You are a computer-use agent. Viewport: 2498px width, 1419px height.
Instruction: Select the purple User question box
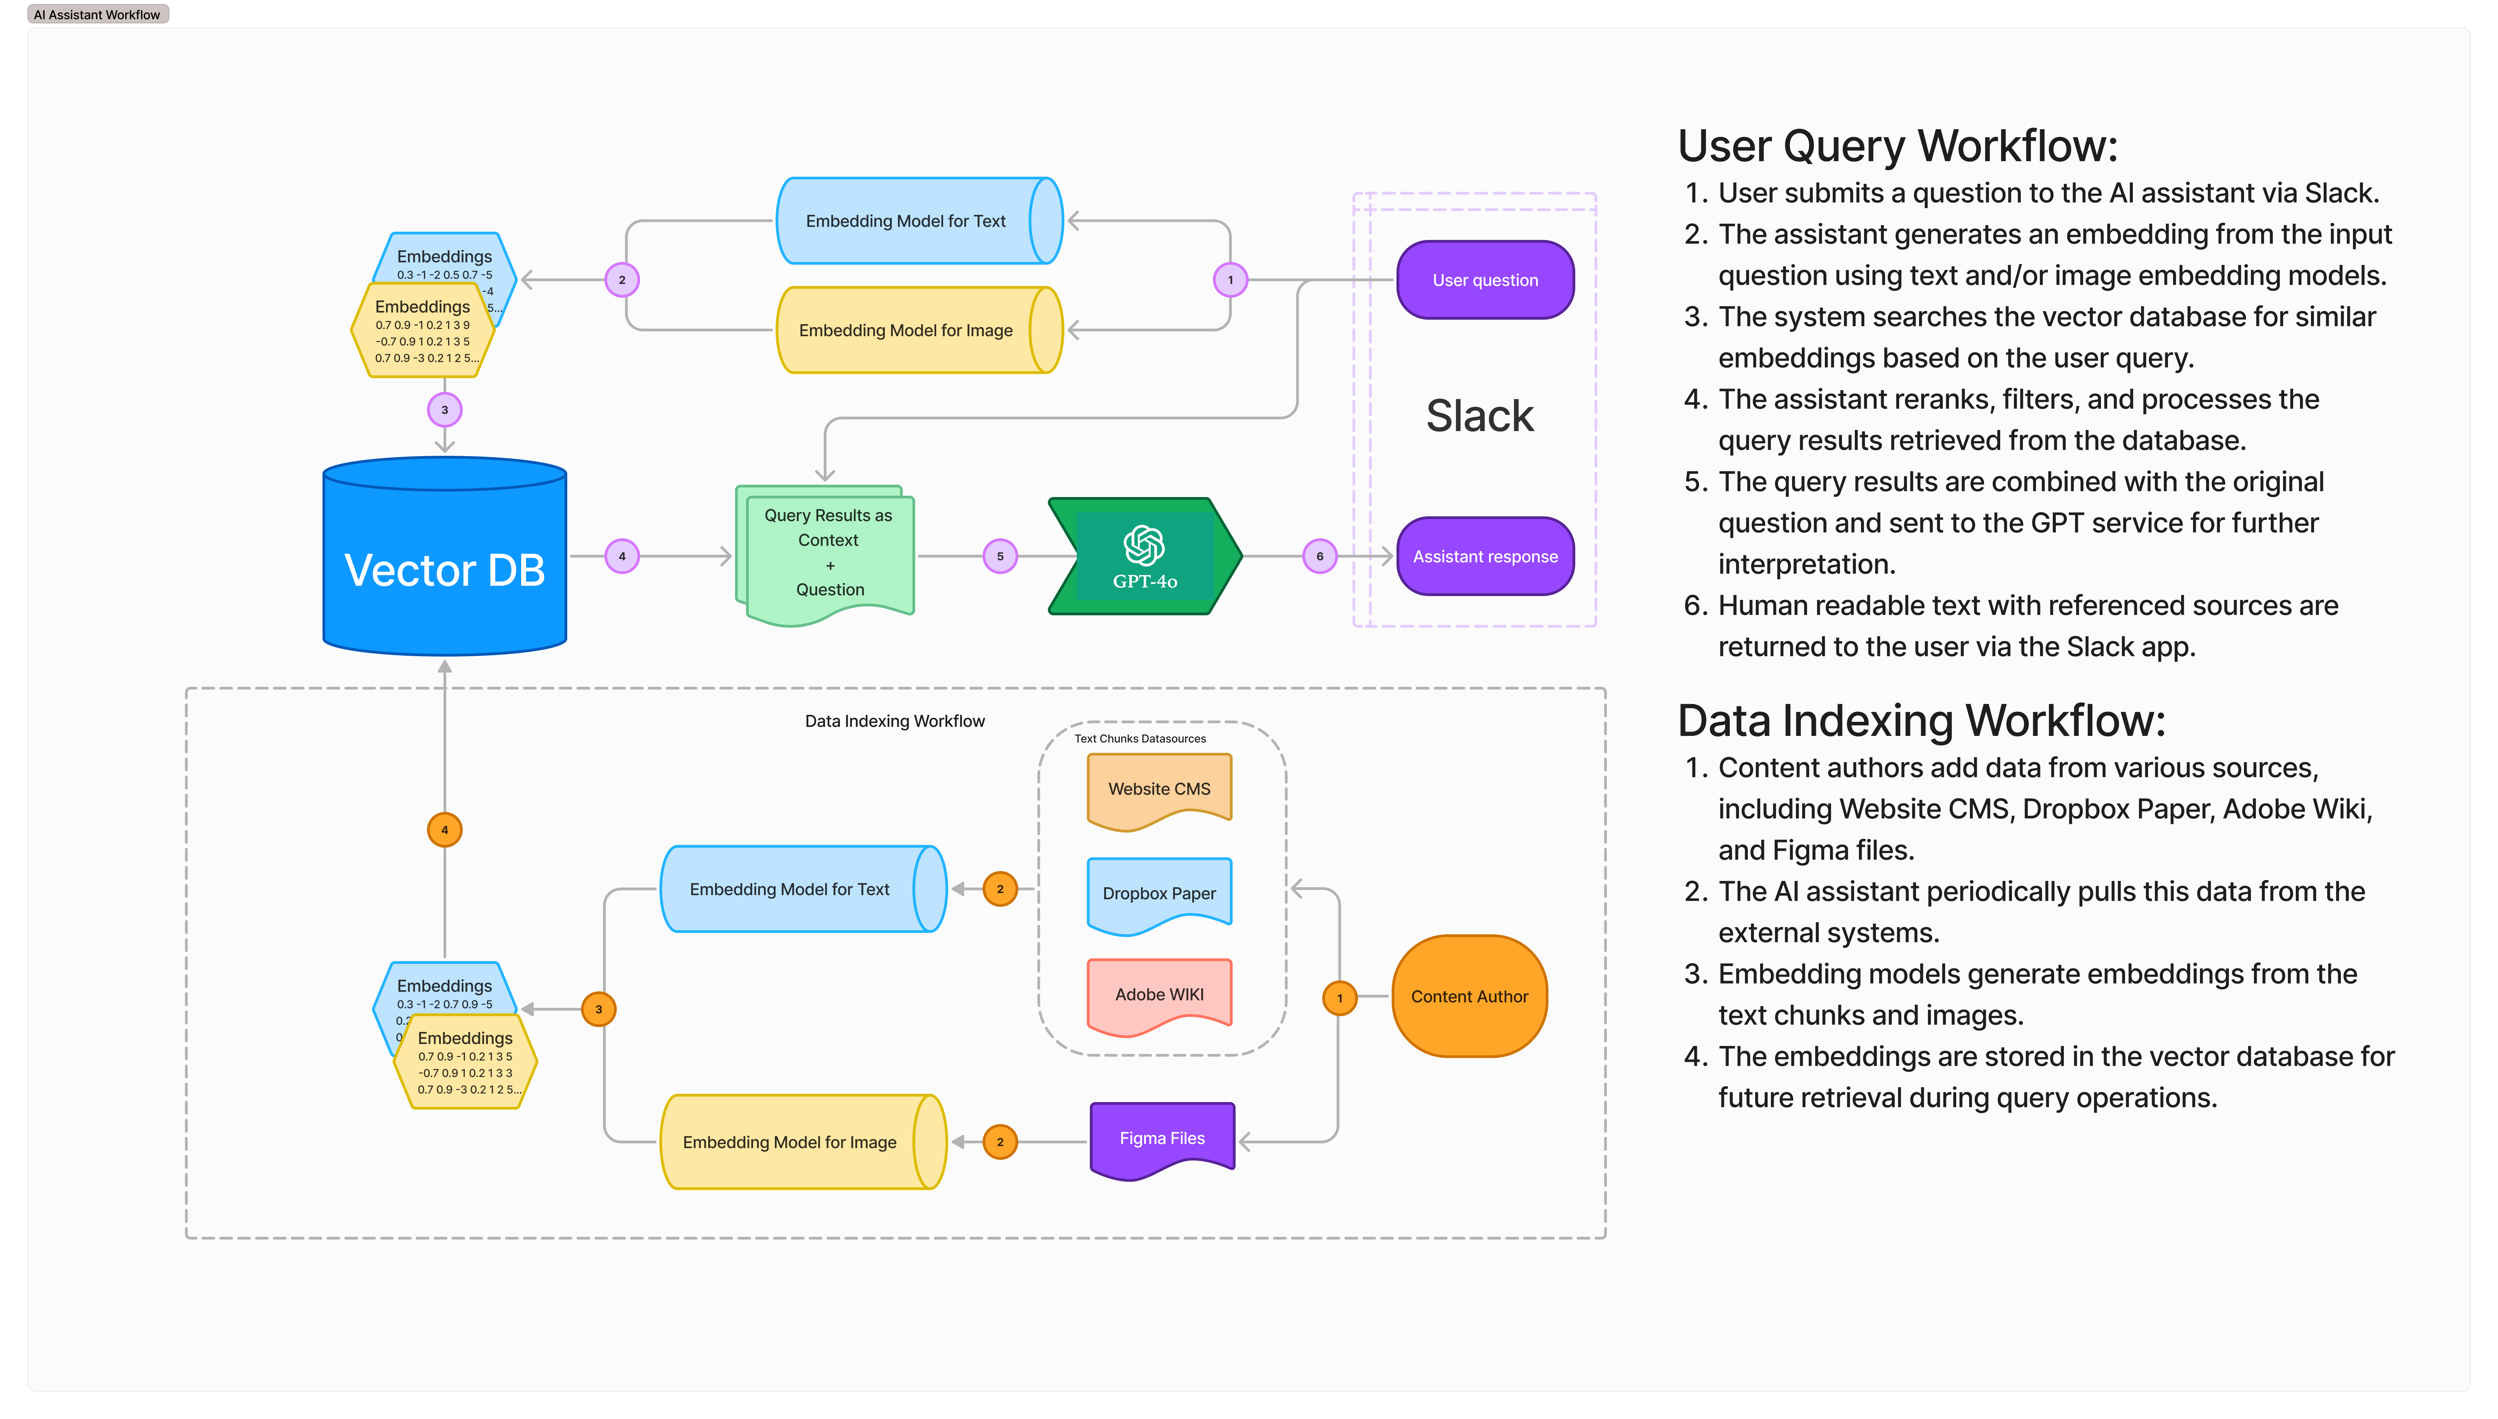point(1484,280)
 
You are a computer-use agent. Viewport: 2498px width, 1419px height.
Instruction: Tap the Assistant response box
point(1484,557)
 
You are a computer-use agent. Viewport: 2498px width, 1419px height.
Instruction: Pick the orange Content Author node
point(1469,996)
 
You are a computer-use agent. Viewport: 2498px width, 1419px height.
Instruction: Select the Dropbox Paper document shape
point(1159,894)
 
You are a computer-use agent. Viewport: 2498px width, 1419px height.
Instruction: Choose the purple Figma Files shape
point(1162,1138)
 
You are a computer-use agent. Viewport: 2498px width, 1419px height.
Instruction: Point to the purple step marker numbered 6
point(1320,557)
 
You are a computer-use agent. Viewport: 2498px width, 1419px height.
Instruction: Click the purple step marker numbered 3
point(445,410)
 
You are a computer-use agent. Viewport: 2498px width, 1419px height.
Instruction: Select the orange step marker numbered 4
point(445,830)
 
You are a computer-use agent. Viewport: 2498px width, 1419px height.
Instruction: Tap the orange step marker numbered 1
point(1339,998)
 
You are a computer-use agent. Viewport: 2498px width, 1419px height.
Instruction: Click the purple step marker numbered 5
point(1000,557)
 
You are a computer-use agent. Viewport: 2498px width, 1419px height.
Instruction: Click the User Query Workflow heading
point(1898,146)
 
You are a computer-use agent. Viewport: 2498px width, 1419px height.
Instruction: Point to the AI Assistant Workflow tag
point(97,15)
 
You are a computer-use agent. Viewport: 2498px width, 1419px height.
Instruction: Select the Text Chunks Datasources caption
point(1139,739)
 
